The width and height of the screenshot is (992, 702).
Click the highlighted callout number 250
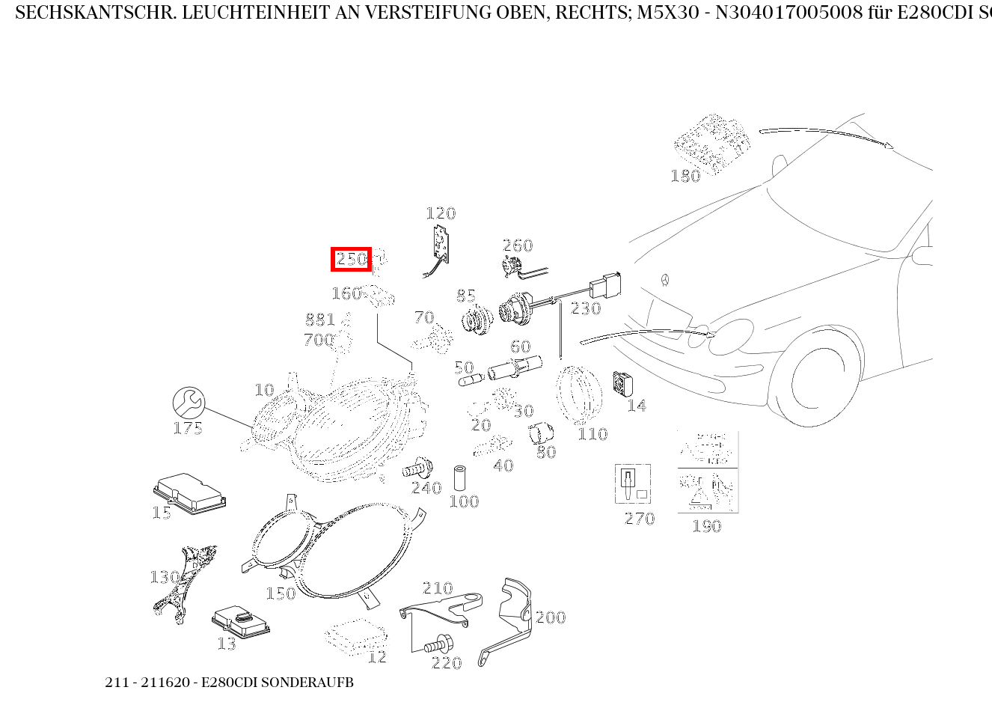pyautogui.click(x=351, y=259)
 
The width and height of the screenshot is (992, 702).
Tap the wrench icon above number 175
pyautogui.click(x=189, y=403)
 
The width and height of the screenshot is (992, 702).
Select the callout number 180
pyautogui.click(x=685, y=176)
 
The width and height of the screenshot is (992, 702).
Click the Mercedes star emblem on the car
pyautogui.click(x=664, y=281)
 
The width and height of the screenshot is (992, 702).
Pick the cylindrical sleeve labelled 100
pyautogui.click(x=461, y=478)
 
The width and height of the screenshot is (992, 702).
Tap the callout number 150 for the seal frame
pyautogui.click(x=281, y=593)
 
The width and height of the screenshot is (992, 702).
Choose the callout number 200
pyautogui.click(x=551, y=617)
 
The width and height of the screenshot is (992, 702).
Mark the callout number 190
pyautogui.click(x=706, y=526)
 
